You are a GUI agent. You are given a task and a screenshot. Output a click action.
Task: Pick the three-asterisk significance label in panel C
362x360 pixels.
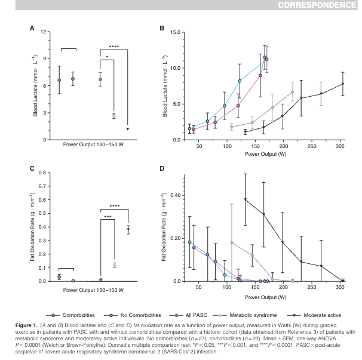tap(108, 217)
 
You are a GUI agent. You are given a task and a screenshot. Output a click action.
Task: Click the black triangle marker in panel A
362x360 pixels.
tap(127, 128)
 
